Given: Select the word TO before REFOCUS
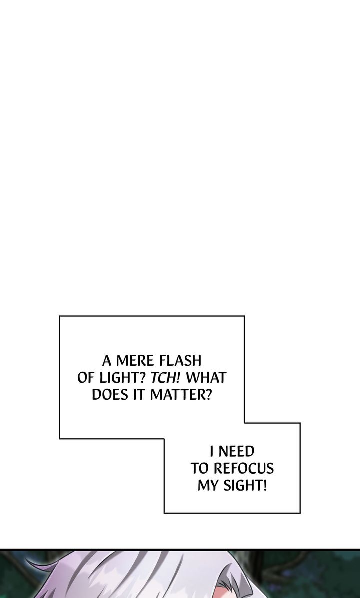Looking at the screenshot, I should pos(199,469).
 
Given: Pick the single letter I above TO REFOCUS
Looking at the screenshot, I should pos(212,451).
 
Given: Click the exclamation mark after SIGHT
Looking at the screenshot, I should pos(264,486).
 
